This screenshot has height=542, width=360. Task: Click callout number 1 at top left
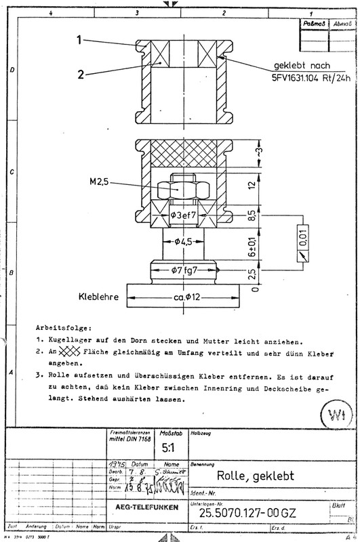click(79, 41)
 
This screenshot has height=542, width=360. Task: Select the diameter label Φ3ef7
click(182, 215)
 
